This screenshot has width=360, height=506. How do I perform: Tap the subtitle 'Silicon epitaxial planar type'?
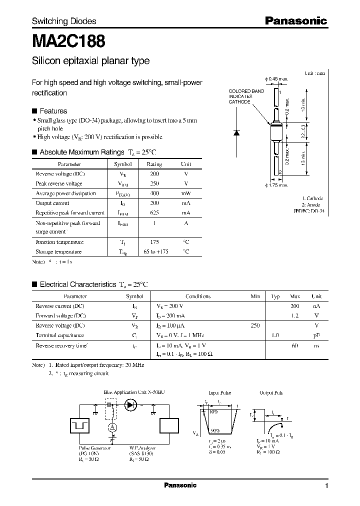(x=90, y=61)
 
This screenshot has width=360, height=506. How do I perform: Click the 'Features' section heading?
(x=53, y=111)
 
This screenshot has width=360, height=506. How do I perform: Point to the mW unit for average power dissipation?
(x=185, y=193)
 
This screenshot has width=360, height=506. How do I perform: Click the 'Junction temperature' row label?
(x=59, y=242)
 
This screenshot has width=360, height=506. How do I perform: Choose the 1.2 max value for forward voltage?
(x=295, y=315)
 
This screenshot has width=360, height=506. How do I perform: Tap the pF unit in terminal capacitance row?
(x=316, y=335)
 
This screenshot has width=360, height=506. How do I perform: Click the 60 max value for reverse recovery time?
(x=295, y=345)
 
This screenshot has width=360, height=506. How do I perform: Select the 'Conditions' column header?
(x=198, y=296)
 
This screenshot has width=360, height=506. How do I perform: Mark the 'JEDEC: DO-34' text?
(x=308, y=211)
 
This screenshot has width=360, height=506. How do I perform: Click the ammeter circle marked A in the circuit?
(x=112, y=426)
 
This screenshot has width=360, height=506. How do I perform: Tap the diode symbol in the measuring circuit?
(x=132, y=404)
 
